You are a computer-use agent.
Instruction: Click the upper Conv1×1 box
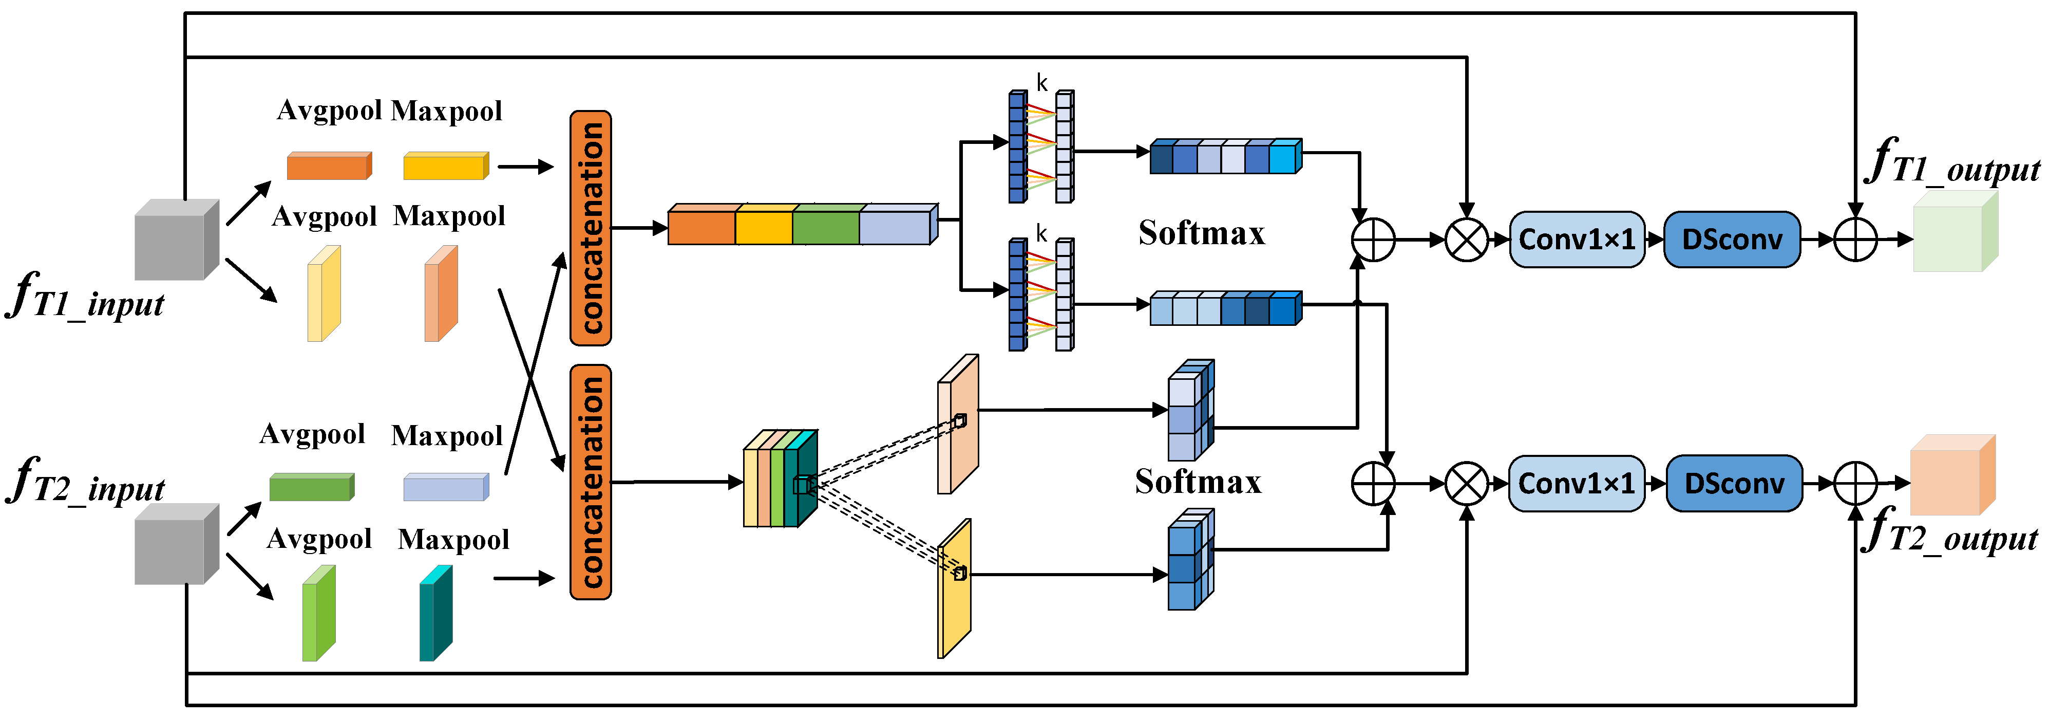1577,238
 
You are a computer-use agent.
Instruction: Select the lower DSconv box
1734,483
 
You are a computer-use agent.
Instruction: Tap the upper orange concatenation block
590,228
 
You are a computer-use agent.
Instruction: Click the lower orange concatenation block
590,482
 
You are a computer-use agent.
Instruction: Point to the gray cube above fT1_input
175,241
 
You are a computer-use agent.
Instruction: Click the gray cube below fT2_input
175,544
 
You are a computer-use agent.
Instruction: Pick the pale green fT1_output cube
1953,232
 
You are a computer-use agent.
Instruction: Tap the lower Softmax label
1198,482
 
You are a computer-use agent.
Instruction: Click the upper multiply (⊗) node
1466,238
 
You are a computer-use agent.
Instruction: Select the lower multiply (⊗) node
1466,483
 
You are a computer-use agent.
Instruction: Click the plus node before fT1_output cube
1855,238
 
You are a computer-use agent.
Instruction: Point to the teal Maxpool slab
435,614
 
